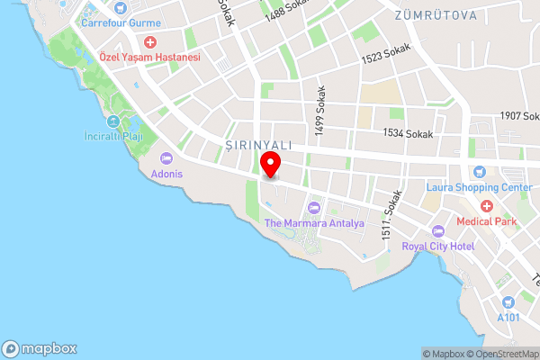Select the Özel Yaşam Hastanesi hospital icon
click(x=149, y=42)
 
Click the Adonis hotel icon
click(x=165, y=158)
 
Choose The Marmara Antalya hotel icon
click(x=313, y=209)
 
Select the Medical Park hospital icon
click(x=487, y=206)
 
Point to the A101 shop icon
click(x=508, y=302)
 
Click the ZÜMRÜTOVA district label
click(x=436, y=15)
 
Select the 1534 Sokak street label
click(x=408, y=133)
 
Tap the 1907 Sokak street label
click(x=518, y=116)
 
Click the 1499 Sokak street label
click(x=319, y=112)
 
